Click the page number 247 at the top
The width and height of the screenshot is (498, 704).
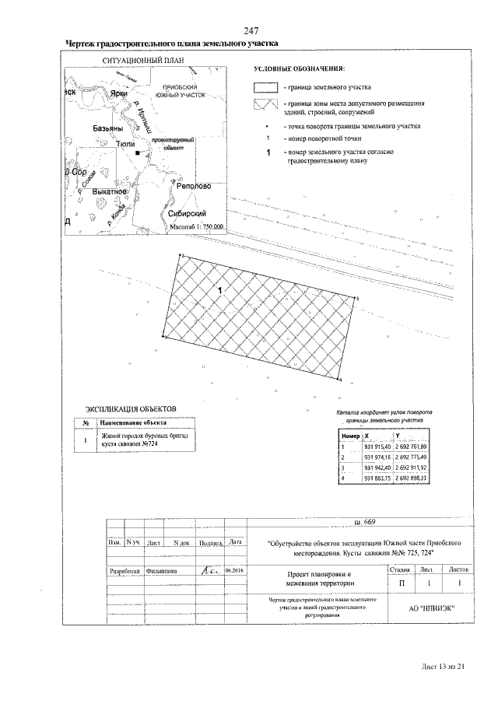251,30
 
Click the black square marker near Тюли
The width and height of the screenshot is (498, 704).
138,154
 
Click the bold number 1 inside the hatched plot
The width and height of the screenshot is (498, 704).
221,290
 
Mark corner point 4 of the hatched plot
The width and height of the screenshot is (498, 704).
340,380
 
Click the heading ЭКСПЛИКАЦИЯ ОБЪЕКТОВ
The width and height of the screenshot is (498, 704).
132,408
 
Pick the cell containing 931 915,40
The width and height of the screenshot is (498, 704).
377,446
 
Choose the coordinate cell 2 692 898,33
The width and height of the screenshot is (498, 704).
412,477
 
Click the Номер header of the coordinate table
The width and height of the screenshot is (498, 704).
350,436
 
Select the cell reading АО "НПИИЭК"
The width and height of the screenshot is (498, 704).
432,608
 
